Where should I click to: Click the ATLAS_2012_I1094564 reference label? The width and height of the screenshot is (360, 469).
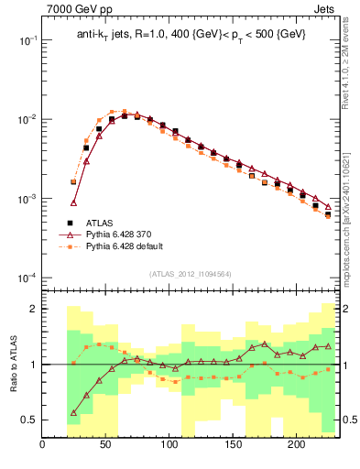[x=191, y=273]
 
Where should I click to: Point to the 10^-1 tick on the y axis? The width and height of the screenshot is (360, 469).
[x=27, y=40]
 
